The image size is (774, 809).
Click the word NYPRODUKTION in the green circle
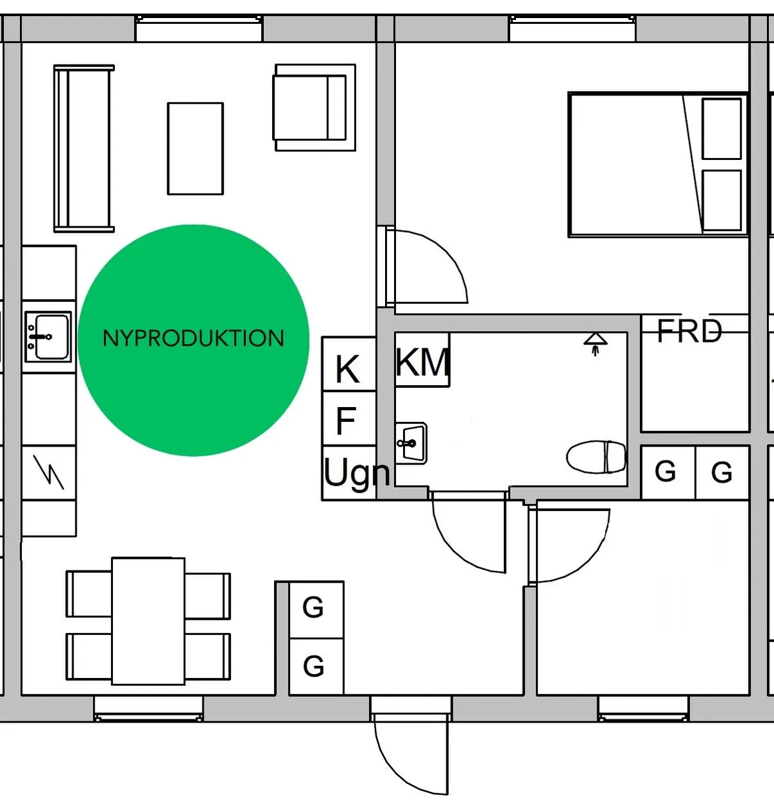tap(193, 338)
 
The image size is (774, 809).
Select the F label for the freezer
tap(346, 420)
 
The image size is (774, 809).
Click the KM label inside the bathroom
tap(422, 362)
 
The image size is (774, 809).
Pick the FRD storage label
tap(690, 332)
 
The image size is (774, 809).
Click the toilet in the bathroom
tap(596, 457)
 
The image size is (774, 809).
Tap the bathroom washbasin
tap(411, 443)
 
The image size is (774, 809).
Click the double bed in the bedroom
tap(658, 165)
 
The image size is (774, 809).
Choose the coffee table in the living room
tap(195, 148)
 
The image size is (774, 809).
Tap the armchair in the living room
tap(314, 107)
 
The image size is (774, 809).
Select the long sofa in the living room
tap(84, 148)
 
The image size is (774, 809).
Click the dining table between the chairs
tap(148, 621)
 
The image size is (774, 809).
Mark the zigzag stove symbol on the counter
tap(48, 472)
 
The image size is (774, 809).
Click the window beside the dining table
tap(148, 708)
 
